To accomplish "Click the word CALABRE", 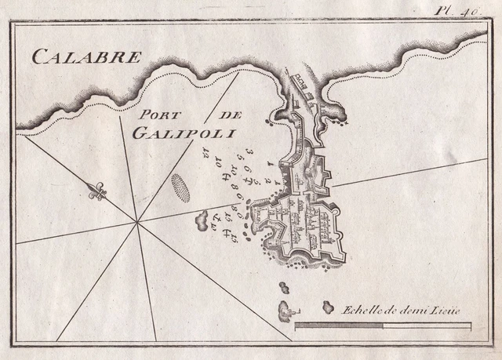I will tap(85, 56).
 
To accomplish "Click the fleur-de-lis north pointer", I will tap(97, 191).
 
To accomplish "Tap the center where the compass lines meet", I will tap(138, 223).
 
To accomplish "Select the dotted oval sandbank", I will tap(180, 187).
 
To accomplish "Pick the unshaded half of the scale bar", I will tap(427, 324).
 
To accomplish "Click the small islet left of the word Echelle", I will tap(328, 307).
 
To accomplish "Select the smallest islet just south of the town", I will tap(283, 287).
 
